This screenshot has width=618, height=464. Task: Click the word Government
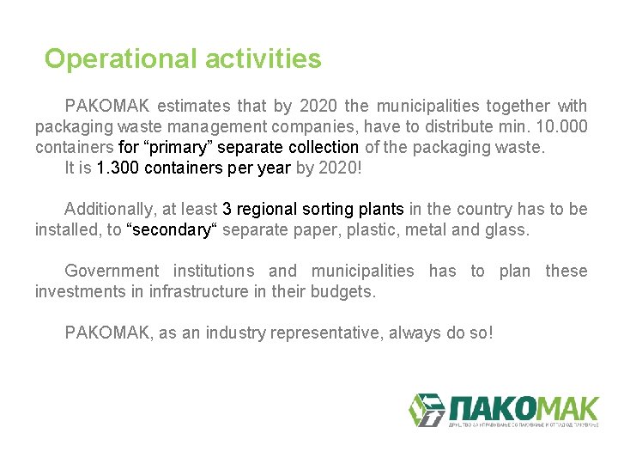tap(112, 272)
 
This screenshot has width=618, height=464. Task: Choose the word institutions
tap(214, 272)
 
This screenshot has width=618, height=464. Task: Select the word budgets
tap(344, 292)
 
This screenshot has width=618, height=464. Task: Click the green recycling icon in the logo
tap(426, 410)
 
